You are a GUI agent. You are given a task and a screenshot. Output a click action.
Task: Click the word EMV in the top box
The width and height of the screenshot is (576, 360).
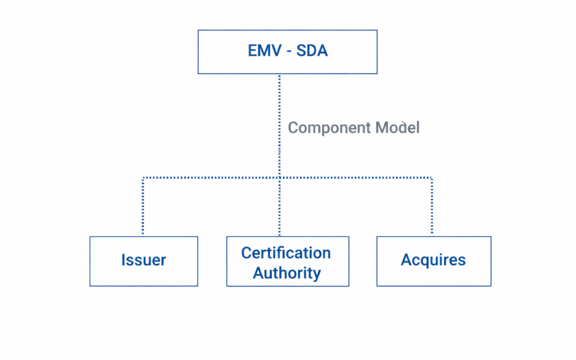[x=263, y=51]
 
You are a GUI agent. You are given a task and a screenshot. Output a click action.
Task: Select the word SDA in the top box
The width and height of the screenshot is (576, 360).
[x=311, y=51]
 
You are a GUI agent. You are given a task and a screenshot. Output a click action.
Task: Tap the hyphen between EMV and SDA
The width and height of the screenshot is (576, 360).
[x=287, y=52]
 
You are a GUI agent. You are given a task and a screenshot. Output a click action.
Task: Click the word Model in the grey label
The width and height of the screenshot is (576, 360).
[x=397, y=128]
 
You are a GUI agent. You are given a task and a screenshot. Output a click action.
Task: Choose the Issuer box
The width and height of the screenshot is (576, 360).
[x=143, y=261]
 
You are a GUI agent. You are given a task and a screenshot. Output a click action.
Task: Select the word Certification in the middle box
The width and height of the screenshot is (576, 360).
[x=286, y=252]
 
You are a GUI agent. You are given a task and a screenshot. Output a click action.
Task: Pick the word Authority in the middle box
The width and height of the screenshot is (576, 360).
[x=287, y=273]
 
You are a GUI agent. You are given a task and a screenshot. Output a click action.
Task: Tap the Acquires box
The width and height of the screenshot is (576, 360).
[x=433, y=261]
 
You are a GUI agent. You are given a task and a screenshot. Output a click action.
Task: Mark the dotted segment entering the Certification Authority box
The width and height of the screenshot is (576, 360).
[x=279, y=213]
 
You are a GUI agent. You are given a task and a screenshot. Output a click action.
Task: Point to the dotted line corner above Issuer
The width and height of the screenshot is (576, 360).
[x=143, y=178]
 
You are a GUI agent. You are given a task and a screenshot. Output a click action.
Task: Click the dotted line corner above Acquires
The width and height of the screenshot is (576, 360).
[x=431, y=178]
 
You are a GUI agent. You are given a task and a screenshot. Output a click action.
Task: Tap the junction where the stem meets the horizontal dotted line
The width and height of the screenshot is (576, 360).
[x=279, y=178]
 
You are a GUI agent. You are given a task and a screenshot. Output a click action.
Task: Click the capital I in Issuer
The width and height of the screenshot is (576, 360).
[x=123, y=260]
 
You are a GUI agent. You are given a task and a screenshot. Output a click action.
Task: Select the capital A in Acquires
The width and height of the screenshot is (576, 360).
[x=406, y=260]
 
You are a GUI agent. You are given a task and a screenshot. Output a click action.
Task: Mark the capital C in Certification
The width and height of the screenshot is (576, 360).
[x=246, y=252]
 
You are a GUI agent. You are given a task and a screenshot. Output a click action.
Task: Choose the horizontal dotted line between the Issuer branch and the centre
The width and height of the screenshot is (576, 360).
[x=211, y=178]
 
